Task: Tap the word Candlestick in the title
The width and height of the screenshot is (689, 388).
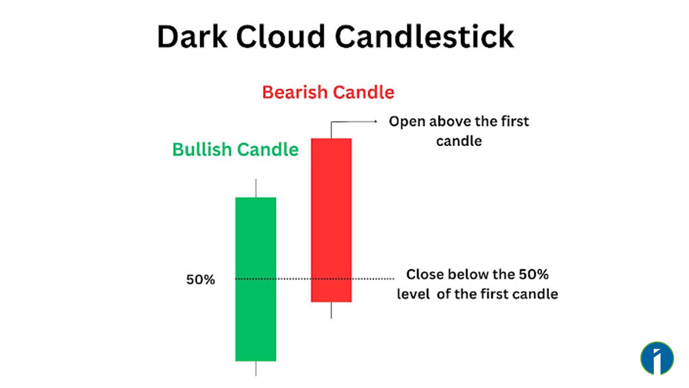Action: [425, 37]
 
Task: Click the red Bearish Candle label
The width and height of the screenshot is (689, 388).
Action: [328, 92]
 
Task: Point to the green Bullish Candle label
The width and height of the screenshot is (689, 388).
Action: [235, 149]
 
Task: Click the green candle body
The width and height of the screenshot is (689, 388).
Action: [256, 279]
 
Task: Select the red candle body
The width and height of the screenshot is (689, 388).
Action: [331, 220]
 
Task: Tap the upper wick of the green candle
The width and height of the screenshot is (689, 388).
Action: [256, 188]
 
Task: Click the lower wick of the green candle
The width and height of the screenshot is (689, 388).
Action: [256, 369]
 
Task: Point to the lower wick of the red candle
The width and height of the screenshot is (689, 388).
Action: [331, 310]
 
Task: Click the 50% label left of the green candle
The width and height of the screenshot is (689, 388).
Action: [200, 280]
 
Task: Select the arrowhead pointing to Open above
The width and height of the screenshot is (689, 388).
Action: [375, 121]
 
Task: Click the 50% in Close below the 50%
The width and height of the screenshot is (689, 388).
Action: [534, 274]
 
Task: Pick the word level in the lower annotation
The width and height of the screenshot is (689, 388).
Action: [413, 294]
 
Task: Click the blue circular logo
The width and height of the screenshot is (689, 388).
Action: [657, 359]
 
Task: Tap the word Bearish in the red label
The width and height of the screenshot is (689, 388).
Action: [294, 92]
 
